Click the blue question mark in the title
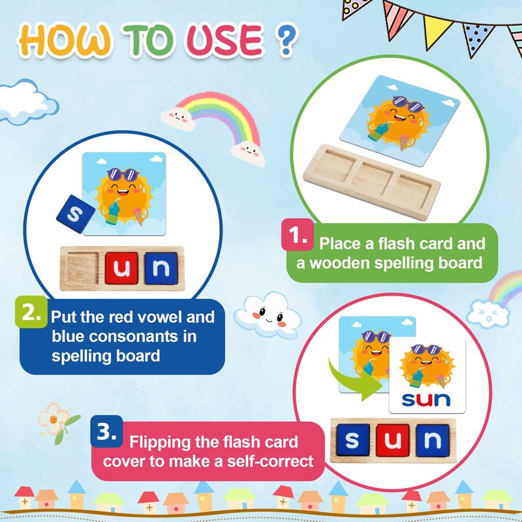tap(286, 40)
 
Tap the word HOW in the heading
tap(65, 39)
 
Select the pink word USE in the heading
tap(225, 40)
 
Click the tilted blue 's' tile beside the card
tap(75, 214)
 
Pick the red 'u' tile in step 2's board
tap(121, 268)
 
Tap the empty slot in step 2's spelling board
tap(83, 268)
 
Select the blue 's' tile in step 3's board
tap(353, 440)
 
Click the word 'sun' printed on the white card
tap(426, 399)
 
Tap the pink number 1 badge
tap(298, 235)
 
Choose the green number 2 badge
tap(31, 312)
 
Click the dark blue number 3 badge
tap(106, 431)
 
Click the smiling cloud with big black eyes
tap(268, 315)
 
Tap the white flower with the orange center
tap(54, 419)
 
